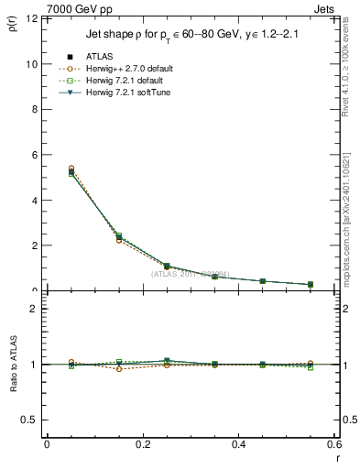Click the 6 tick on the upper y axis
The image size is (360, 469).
33,156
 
